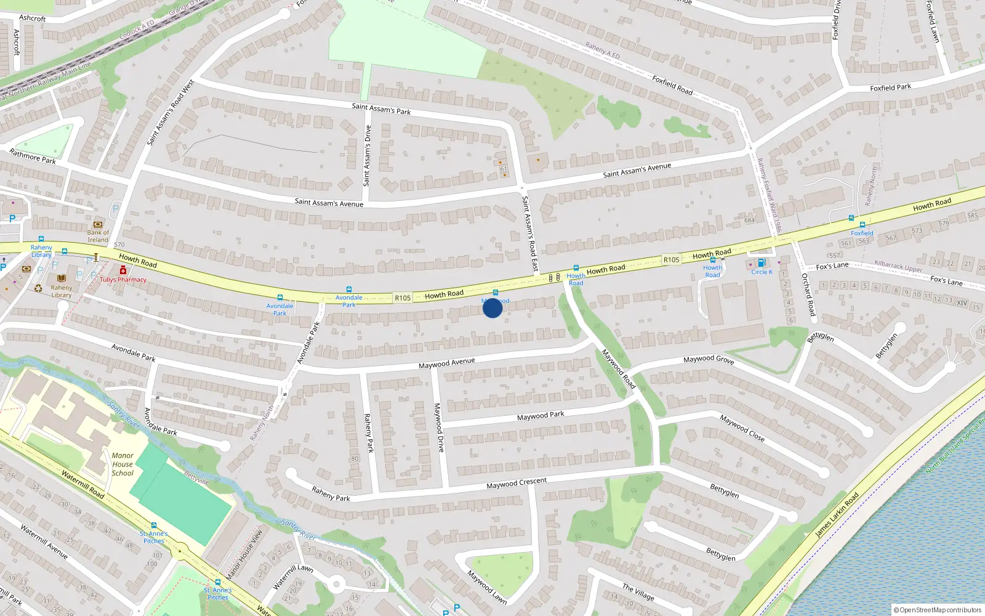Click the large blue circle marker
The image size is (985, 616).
[x=492, y=308]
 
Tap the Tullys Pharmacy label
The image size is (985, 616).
[x=123, y=280]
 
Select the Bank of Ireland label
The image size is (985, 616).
[x=98, y=237]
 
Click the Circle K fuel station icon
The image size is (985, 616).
[x=762, y=263]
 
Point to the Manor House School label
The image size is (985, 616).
[x=123, y=464]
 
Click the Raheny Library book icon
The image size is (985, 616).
[x=62, y=279]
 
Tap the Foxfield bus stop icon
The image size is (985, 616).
[x=862, y=225]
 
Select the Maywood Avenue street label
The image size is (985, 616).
[x=446, y=363]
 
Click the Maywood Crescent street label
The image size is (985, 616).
[x=516, y=484]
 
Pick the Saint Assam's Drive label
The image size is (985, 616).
[x=367, y=156]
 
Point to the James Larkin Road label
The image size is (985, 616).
[x=837, y=515]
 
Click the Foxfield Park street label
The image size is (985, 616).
[x=890, y=88]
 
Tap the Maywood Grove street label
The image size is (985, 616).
[x=709, y=359]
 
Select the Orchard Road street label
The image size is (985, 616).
[x=808, y=295]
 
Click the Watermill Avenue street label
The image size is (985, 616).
[x=44, y=541]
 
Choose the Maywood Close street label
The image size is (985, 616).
[x=742, y=428]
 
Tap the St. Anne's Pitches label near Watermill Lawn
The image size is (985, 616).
[x=217, y=594]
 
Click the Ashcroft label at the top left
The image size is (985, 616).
[x=33, y=18]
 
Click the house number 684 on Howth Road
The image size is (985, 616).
[x=749, y=221]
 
